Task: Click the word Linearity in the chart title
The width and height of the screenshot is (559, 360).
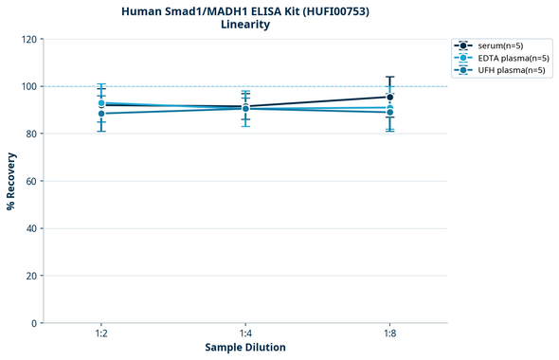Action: click(x=244, y=25)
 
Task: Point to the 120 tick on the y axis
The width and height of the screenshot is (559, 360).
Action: click(x=30, y=39)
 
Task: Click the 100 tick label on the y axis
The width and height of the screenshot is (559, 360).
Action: click(x=30, y=86)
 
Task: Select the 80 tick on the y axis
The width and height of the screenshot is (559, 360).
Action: click(x=32, y=134)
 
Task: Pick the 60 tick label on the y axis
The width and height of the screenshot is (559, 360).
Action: click(x=32, y=181)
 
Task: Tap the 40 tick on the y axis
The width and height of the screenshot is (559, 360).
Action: click(x=32, y=228)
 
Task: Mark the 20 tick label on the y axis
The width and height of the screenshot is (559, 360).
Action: click(x=32, y=276)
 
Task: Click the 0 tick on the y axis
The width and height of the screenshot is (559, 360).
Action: click(x=35, y=323)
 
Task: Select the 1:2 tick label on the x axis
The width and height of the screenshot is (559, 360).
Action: click(x=101, y=334)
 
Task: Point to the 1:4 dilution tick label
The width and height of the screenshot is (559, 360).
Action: click(x=245, y=334)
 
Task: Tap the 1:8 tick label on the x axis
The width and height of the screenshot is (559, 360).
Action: click(x=390, y=334)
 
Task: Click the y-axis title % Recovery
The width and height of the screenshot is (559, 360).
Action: click(x=11, y=181)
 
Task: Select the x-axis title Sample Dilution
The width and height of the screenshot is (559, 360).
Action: click(x=245, y=348)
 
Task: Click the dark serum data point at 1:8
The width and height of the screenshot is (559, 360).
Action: click(x=390, y=97)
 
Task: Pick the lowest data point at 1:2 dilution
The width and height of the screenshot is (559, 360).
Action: click(x=101, y=114)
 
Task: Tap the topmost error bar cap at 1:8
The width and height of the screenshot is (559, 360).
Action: click(x=390, y=78)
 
